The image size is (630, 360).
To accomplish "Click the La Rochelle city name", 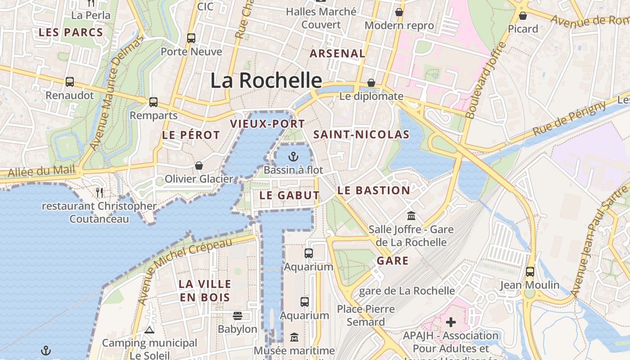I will pos(266,81).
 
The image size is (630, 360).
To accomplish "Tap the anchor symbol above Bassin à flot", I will pos(293,157).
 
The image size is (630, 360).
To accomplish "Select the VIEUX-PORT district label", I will pos(267,124).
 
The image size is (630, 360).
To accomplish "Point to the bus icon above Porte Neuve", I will pos(191,38).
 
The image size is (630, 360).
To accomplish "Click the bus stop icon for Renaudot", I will pos(70,82).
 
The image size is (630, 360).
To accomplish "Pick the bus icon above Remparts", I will pos(153,102).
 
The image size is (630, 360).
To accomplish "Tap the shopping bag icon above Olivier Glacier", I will pos(199,166).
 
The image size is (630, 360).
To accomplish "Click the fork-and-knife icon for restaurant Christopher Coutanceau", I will pos(99,193).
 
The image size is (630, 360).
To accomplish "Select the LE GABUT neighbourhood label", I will pos(289,195).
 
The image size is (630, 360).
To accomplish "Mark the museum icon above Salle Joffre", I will pos(411,216).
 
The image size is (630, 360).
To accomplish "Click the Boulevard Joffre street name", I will pos(486,81).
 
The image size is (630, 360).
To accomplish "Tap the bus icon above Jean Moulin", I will pos(530,272).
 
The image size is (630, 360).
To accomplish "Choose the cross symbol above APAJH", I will pos(451,322).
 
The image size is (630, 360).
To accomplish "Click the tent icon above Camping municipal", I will pos(149,330).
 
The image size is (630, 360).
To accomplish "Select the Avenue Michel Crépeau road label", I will pos(185,270).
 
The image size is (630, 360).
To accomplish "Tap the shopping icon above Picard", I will pos(523,16).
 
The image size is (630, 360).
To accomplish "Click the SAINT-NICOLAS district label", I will pos(361,135).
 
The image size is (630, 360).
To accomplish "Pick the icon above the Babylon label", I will pos(238,316).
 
